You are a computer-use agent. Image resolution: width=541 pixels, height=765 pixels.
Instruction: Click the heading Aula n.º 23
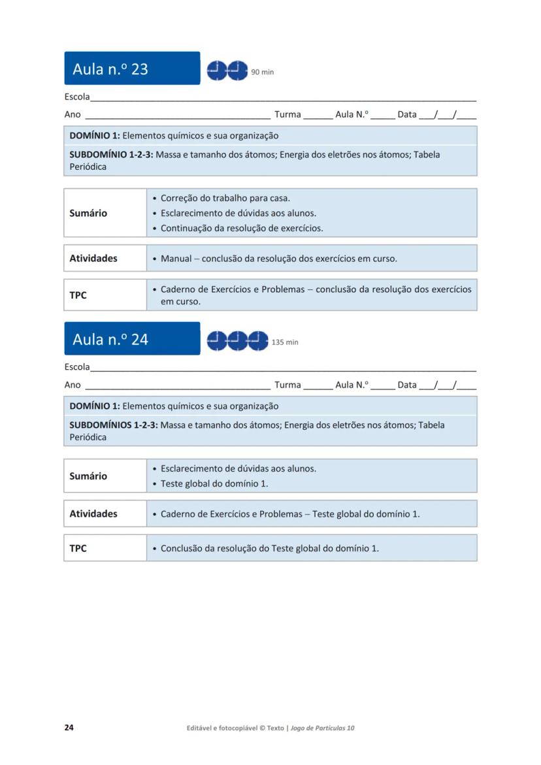point(110,69)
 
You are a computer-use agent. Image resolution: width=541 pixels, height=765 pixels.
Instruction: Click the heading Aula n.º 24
point(110,339)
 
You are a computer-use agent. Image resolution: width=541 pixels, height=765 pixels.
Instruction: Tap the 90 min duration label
point(263,72)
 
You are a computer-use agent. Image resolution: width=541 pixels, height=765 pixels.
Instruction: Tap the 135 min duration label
point(285,342)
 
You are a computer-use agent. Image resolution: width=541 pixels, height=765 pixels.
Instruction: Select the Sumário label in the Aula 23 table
point(88,213)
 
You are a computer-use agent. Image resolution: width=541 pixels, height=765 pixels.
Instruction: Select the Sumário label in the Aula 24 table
point(88,476)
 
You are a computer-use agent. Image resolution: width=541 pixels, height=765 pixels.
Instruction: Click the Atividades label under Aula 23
point(93,258)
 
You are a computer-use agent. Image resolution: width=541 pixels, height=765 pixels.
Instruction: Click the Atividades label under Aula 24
point(93,513)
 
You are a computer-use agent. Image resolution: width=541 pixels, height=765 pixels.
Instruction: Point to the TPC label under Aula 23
point(78,295)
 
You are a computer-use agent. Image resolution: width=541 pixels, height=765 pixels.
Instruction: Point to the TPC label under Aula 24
point(78,548)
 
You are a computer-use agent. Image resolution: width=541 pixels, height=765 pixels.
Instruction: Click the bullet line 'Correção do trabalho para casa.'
point(225,198)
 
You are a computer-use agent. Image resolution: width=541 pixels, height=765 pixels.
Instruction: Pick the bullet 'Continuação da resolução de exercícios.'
point(242,228)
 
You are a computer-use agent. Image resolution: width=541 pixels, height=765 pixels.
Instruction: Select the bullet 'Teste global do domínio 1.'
point(214,483)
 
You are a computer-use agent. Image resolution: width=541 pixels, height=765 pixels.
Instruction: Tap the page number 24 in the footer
point(69,728)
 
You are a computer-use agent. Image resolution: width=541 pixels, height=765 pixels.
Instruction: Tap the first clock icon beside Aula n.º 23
point(217,70)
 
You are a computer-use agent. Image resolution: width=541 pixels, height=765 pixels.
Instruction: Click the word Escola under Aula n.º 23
point(76,97)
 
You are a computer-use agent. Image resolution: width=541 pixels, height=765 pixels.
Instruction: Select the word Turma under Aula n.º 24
point(287,385)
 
